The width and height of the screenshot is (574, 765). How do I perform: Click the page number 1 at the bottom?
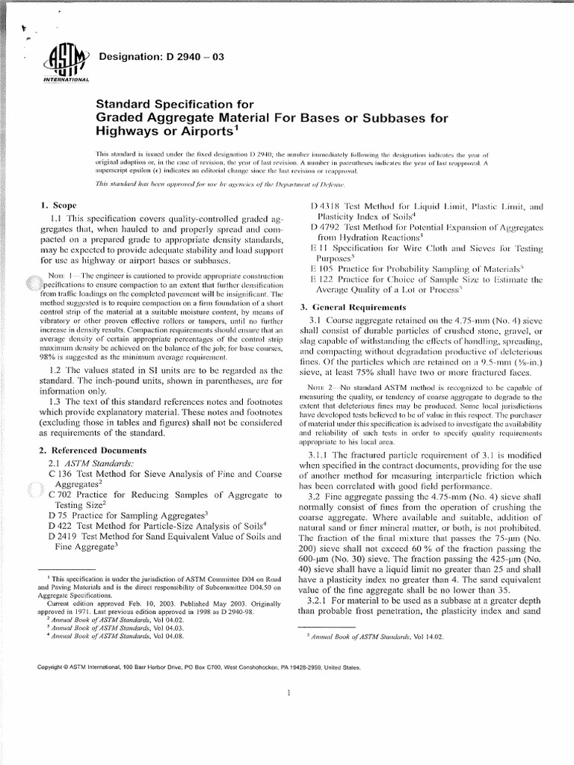coord(288,693)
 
